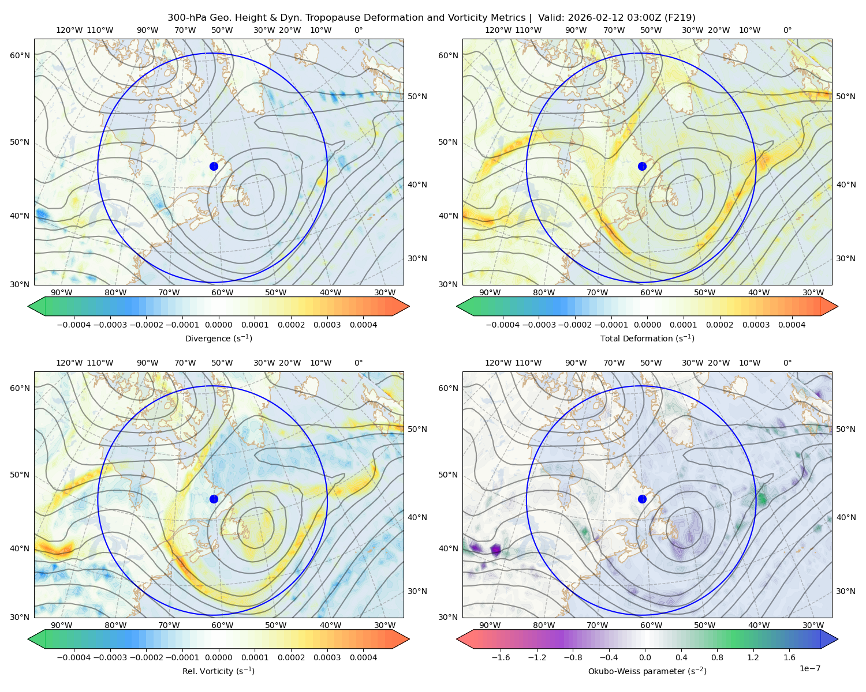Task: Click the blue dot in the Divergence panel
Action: point(214,166)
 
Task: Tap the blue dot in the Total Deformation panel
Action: point(642,166)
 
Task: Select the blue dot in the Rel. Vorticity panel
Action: point(214,499)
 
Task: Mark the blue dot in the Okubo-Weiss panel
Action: point(642,499)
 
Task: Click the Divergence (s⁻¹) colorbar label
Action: point(218,338)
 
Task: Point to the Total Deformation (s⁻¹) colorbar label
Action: point(647,338)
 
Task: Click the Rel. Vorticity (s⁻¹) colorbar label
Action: point(218,671)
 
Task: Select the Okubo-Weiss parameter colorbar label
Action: point(647,671)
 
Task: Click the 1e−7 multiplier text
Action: point(809,668)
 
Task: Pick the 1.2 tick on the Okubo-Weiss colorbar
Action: point(753,657)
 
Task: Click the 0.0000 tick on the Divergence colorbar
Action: point(218,325)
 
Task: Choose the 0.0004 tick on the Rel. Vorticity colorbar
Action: point(363,657)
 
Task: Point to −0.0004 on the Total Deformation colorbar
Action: point(503,325)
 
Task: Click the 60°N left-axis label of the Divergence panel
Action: point(20,55)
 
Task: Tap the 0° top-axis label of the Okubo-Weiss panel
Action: point(787,363)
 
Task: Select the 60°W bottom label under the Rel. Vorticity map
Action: point(222,625)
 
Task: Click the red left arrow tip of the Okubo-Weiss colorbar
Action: point(458,639)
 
